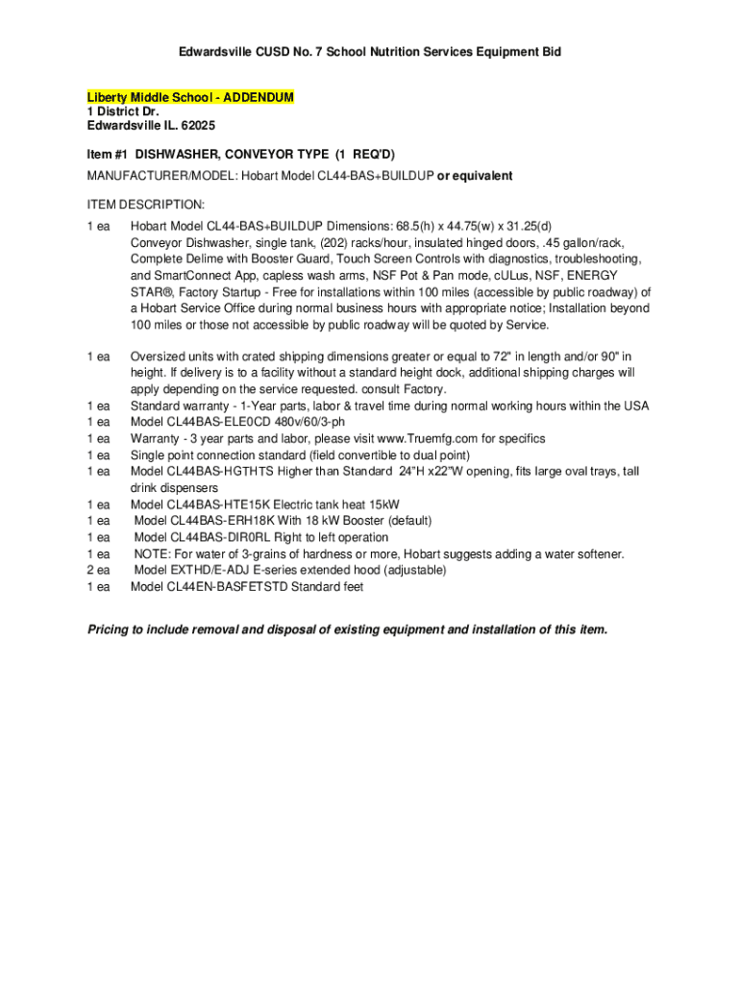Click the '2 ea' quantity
coord(99,570)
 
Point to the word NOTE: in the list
coord(151,553)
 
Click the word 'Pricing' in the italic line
coord(108,629)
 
